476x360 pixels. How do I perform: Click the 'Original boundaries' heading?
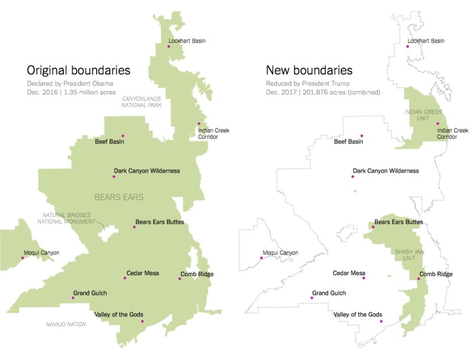78,71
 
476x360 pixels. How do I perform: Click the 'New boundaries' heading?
309,71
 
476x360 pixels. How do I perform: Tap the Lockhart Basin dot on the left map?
169,46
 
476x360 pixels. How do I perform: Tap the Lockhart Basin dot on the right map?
408,46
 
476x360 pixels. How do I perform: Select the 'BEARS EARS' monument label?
119,197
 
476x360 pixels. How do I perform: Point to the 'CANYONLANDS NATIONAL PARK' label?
142,101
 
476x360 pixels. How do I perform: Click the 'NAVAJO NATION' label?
66,324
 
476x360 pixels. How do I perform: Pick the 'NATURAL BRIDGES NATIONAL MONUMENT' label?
63,218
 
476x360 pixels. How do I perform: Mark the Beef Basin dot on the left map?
123,136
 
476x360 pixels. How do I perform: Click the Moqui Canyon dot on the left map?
23,258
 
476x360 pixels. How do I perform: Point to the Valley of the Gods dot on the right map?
381,321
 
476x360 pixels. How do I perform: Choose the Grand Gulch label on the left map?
90,293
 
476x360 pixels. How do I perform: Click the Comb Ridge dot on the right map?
418,279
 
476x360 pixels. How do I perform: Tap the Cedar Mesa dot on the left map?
125,278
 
